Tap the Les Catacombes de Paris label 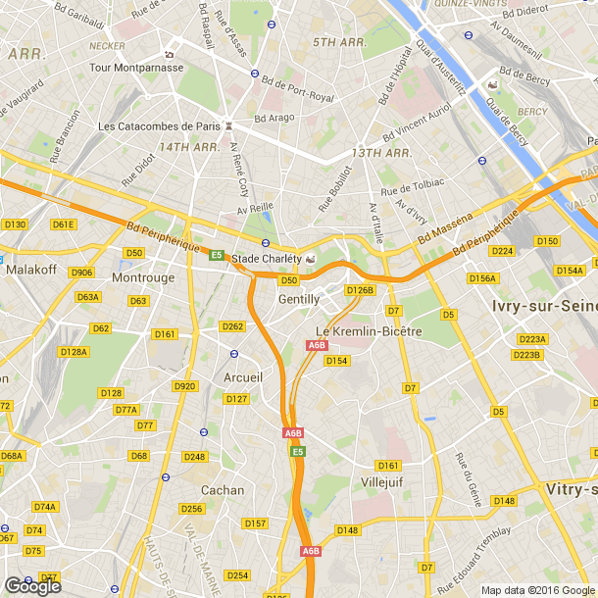[160, 125]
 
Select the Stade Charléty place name [266, 259]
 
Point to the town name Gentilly [299, 299]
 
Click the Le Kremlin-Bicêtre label [368, 331]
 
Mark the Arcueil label [243, 377]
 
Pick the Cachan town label [222, 489]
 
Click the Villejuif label [381, 482]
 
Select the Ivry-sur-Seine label [543, 307]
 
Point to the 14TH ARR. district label [189, 146]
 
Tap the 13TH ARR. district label [381, 153]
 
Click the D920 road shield [184, 386]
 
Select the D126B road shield [360, 290]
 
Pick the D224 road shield [502, 251]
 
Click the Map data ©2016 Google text [537, 590]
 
